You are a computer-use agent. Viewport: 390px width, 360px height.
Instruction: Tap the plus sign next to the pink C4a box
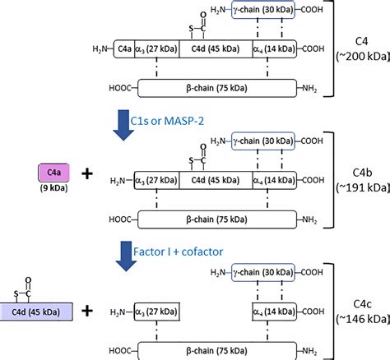[x=88, y=173]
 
